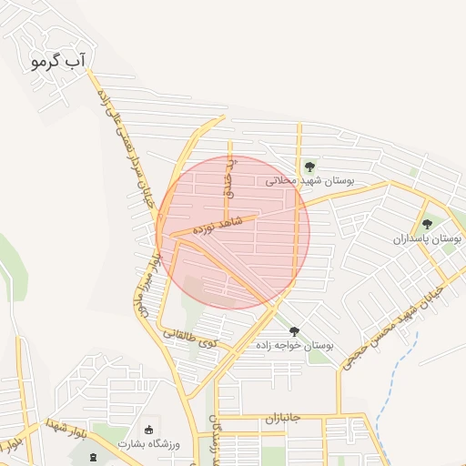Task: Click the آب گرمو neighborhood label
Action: coord(57,61)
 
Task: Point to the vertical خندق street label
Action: coord(230,178)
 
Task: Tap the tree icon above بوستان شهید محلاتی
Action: coord(310,167)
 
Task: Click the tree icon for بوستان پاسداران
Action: coord(427,225)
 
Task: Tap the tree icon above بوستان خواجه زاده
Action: coord(293,331)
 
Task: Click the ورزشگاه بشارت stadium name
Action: coord(150,443)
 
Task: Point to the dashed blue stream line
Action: coord(400,373)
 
